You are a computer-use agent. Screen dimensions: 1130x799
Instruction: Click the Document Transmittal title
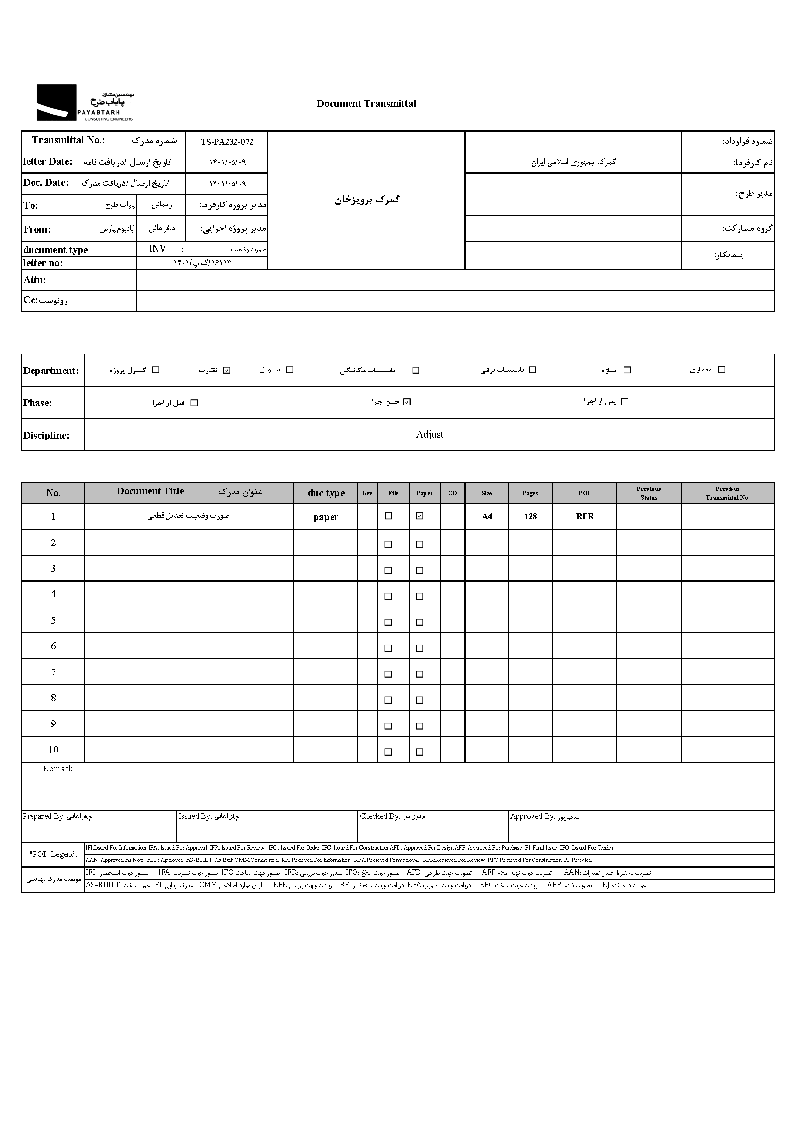(x=366, y=104)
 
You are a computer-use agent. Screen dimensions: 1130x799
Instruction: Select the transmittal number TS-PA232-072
(x=227, y=142)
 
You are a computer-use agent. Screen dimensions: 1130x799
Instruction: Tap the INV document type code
(x=157, y=249)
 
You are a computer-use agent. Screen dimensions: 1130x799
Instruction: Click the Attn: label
(x=34, y=280)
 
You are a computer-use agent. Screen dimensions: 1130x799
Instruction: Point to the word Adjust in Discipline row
(x=430, y=435)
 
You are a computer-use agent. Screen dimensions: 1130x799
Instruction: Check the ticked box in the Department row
(x=227, y=370)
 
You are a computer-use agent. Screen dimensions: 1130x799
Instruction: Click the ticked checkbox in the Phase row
(x=407, y=402)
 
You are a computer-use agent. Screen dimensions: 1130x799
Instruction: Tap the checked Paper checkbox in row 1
(x=420, y=516)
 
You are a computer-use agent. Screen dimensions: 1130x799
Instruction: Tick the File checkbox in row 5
(x=388, y=622)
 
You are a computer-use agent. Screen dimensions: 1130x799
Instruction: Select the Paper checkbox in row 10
(x=420, y=752)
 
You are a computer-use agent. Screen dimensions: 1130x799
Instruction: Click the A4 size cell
(x=486, y=516)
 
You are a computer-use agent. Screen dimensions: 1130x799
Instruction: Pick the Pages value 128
(x=530, y=516)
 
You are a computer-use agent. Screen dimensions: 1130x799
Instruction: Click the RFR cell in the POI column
(x=584, y=516)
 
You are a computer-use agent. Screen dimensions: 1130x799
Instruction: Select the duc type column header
(x=326, y=493)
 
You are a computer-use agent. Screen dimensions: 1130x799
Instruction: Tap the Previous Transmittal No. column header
(x=727, y=493)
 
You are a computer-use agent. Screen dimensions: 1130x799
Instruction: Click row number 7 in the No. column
(x=53, y=672)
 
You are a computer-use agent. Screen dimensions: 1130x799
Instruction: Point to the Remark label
(x=59, y=769)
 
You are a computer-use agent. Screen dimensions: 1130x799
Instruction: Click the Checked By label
(x=379, y=816)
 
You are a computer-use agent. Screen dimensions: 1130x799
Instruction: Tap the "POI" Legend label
(x=53, y=854)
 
